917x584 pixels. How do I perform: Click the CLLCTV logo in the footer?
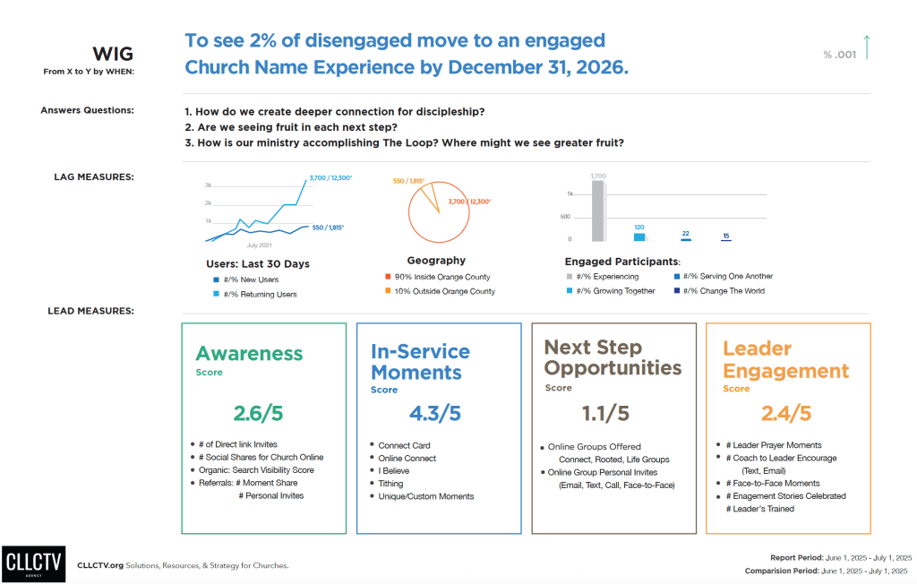[x=33, y=563]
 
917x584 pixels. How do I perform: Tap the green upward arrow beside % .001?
[x=866, y=47]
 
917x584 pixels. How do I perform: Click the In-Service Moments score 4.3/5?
[x=434, y=413]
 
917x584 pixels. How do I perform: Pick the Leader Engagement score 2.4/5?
[x=785, y=413]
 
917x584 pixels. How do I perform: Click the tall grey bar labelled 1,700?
[x=598, y=210]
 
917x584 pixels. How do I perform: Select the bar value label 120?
[x=639, y=228]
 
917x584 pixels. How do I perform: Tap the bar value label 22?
[x=685, y=233]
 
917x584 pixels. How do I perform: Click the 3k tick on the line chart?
[x=208, y=185]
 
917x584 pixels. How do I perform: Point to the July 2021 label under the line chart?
[x=258, y=245]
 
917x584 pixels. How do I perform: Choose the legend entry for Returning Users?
[x=254, y=294]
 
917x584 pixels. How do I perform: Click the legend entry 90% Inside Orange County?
[x=437, y=277]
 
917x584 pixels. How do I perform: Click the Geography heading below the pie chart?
[x=436, y=261]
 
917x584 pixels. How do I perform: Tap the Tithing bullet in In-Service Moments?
[x=390, y=484]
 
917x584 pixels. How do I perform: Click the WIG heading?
[x=113, y=55]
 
